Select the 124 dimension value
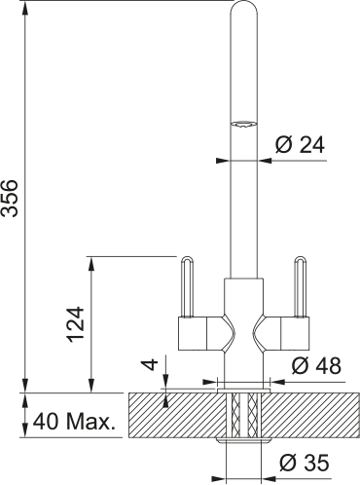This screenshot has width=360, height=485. click(76, 324)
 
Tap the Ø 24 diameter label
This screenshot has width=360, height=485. click(300, 144)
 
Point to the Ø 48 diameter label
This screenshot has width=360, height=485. click(316, 366)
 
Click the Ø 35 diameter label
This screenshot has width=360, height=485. click(305, 463)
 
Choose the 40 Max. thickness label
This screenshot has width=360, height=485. click(74, 422)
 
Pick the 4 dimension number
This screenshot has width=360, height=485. click(151, 364)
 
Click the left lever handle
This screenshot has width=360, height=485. click(187, 286)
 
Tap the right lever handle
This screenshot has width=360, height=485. click(300, 286)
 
